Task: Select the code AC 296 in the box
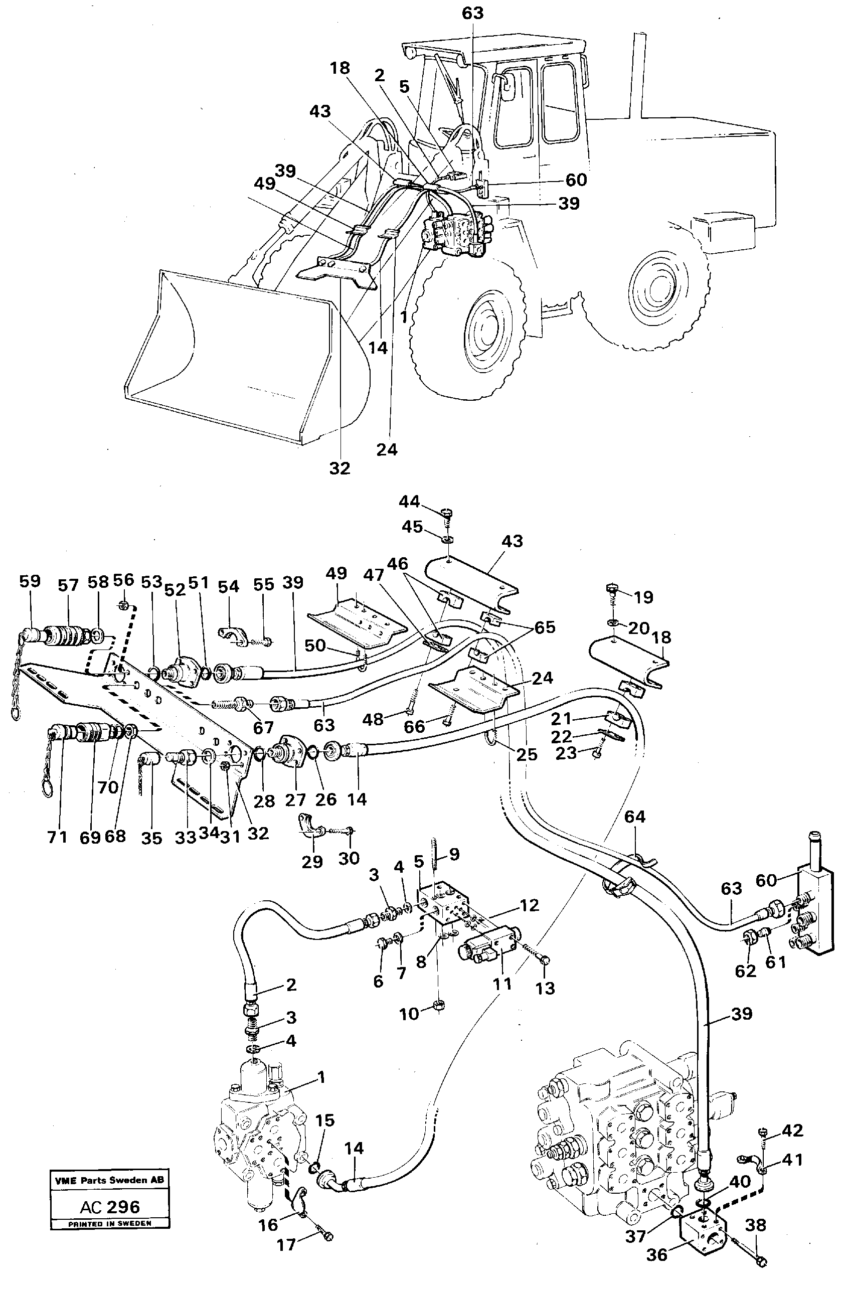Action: pos(109,1207)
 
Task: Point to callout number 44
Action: pos(409,502)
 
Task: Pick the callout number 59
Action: pos(30,581)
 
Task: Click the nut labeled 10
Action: pos(439,1006)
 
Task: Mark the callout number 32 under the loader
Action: pos(339,468)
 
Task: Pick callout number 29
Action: pos(312,862)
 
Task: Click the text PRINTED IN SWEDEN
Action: pos(109,1223)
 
